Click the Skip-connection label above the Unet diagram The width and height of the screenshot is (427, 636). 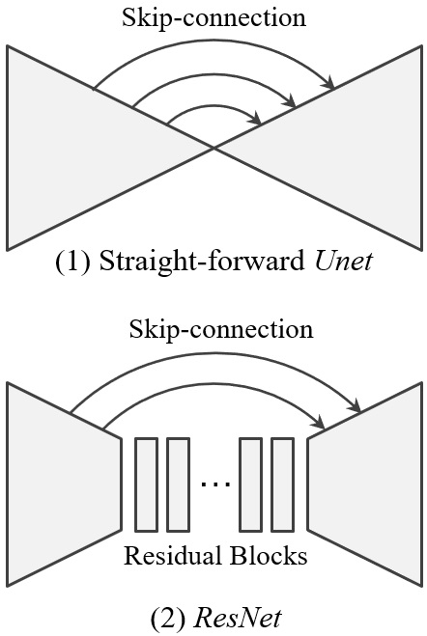pos(214,17)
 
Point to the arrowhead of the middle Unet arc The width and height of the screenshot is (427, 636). pos(291,100)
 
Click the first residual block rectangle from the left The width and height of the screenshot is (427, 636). pos(146,484)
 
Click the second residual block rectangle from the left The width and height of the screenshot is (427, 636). pos(177,484)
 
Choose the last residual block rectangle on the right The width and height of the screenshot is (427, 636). pos(281,484)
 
